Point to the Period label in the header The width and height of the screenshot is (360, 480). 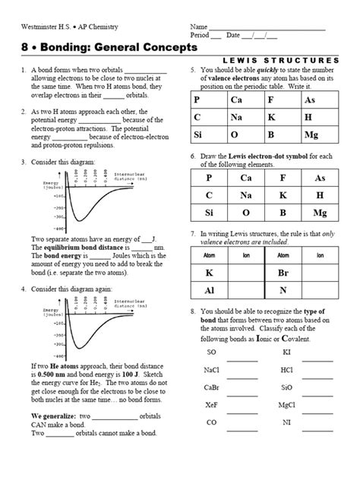coord(201,36)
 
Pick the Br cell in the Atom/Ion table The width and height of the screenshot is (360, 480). coord(283,272)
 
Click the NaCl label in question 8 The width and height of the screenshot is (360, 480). coord(212,370)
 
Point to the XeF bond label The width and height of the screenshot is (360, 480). coord(212,405)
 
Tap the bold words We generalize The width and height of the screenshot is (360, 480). coord(53,417)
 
